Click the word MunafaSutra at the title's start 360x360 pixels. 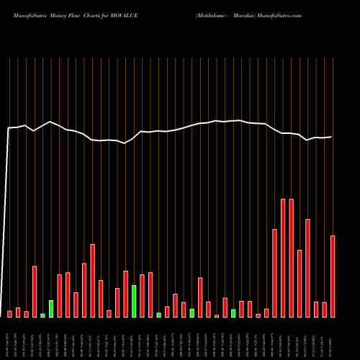coord(21,14)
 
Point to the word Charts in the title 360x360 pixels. coord(99,14)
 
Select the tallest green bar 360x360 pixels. coord(134,301)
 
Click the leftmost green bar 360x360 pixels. coord(42,315)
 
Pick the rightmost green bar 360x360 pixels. coord(233,313)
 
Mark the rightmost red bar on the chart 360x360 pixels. coord(333,276)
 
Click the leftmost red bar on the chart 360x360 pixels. coord(9,314)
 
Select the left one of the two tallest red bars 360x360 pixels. coord(283,258)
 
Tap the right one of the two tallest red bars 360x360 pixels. coord(292,258)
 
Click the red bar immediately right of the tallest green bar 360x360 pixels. coord(143,296)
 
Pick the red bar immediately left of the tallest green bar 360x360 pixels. coord(125,294)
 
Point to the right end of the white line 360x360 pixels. coord(332,137)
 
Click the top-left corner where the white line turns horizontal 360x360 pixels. coord(8,128)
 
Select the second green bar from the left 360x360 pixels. coord(51,308)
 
